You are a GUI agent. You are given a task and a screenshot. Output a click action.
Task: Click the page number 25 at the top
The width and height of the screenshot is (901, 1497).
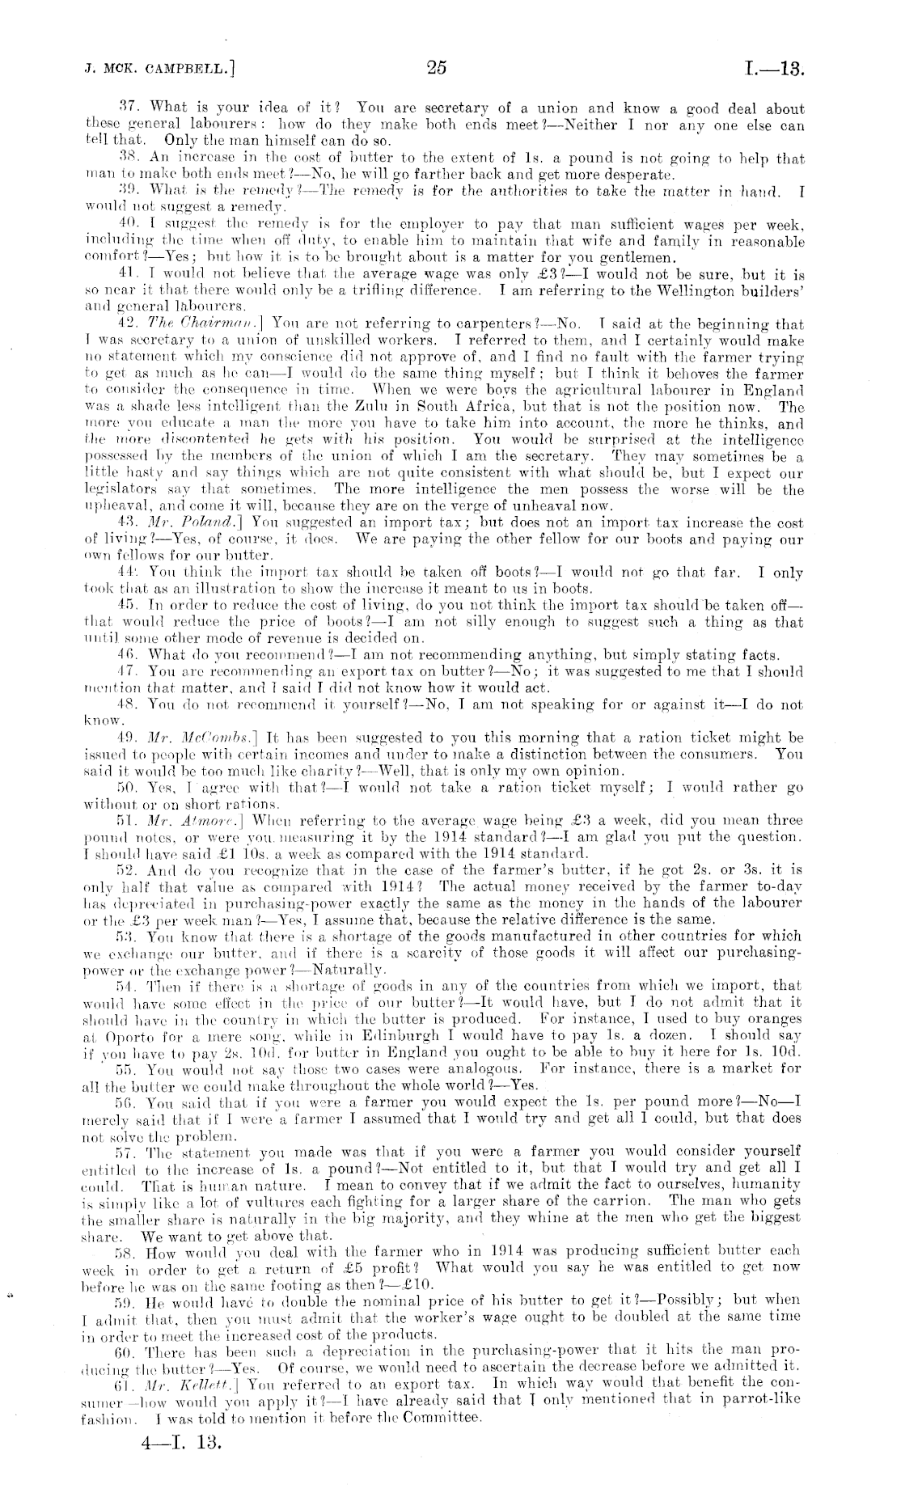[x=437, y=68]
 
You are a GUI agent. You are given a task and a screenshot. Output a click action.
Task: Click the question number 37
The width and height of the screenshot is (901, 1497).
[x=130, y=108]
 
